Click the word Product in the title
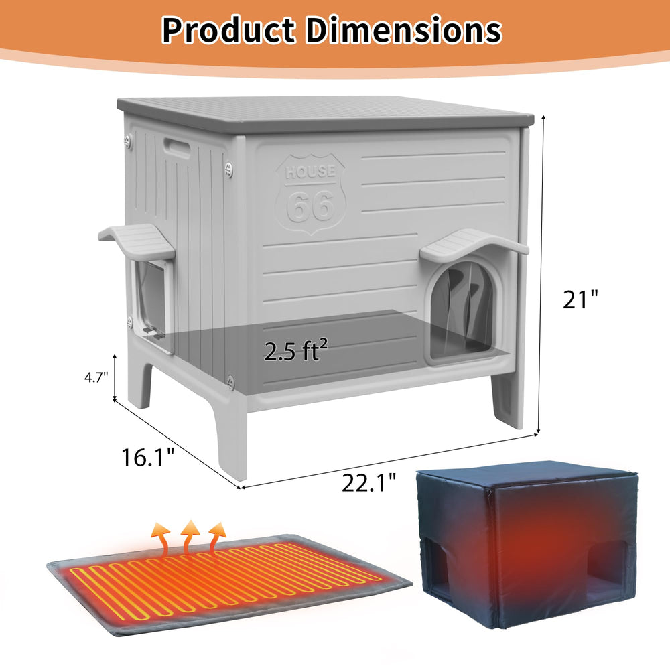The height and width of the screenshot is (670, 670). (x=229, y=30)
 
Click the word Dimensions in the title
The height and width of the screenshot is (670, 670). (x=404, y=30)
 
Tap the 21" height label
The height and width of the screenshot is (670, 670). (x=580, y=299)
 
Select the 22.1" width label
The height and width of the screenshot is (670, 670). (x=368, y=482)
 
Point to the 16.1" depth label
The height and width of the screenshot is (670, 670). (x=148, y=457)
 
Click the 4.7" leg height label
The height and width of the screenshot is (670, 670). (x=96, y=377)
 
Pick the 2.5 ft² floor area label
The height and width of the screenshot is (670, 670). (x=295, y=350)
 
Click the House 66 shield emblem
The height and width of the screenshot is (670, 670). (x=311, y=194)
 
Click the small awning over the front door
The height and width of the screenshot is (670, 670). (x=474, y=244)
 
